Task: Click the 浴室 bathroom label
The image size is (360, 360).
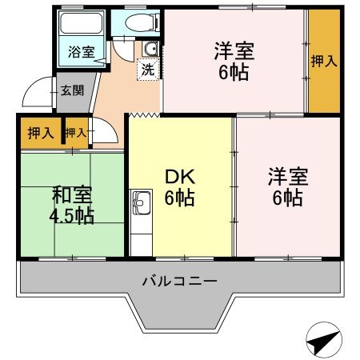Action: pos(80,52)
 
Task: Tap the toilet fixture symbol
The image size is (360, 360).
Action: pos(131,24)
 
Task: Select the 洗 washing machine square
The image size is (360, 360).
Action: pos(148,69)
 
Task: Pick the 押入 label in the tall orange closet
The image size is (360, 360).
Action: pos(324,62)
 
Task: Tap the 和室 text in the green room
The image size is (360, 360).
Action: pos(73,194)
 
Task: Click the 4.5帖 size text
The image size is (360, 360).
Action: pos(73,216)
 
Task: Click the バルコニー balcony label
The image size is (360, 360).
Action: pos(178,281)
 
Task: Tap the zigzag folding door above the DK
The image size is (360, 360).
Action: pos(144,114)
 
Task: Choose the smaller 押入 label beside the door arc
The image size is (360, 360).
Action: pos(76,133)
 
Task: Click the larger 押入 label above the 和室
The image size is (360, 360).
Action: pos(40,133)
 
